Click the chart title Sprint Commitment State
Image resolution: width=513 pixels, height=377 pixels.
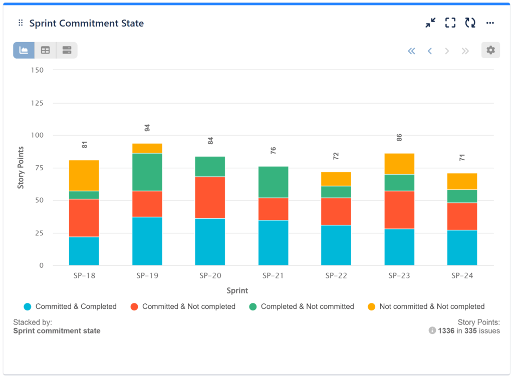[x=86, y=24]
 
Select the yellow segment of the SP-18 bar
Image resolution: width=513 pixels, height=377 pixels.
[x=84, y=175]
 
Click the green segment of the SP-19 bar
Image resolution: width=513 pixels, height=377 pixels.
[x=147, y=172]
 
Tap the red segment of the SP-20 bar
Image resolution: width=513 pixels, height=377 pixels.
[x=210, y=197]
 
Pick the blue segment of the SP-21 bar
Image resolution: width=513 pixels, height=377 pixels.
[x=273, y=242]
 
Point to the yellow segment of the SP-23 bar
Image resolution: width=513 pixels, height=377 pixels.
[x=399, y=164]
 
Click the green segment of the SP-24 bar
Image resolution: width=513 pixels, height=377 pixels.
[x=462, y=196]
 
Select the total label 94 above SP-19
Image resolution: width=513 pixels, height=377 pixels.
[x=147, y=128]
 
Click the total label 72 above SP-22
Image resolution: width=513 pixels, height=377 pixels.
[x=336, y=156]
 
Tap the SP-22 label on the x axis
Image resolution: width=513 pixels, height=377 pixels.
[x=336, y=276]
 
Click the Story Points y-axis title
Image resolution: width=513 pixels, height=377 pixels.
[x=21, y=168]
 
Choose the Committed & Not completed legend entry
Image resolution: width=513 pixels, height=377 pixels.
[x=188, y=306]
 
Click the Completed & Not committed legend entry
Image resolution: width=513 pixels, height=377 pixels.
[x=307, y=306]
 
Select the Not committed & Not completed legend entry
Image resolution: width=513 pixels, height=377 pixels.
[x=432, y=306]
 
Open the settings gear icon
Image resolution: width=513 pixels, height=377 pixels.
[x=490, y=50]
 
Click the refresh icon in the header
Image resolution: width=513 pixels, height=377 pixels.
[x=470, y=23]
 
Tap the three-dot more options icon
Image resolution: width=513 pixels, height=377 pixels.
[x=490, y=23]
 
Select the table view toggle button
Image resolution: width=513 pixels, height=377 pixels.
[x=45, y=50]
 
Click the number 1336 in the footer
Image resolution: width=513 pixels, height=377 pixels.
[x=446, y=330]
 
